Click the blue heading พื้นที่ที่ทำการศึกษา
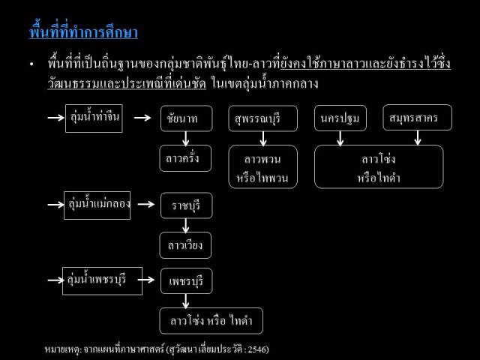(83, 31)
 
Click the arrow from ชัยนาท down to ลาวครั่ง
(185, 139)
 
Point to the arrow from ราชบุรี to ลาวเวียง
(185, 226)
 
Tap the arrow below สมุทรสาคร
(418, 138)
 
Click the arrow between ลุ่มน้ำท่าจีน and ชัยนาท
(142, 118)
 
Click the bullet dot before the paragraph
(31, 64)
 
